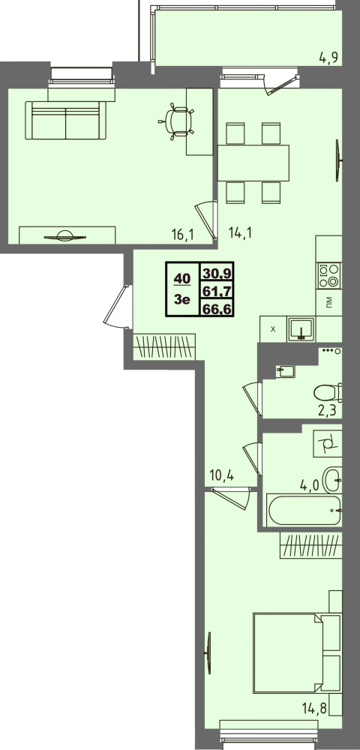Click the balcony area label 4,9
328,58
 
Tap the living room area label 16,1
181,234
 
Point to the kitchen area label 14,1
241,233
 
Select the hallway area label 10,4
221,475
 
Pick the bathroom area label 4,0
309,487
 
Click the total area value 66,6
217,309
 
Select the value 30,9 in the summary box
217,273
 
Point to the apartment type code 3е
183,300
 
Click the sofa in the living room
65,120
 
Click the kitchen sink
301,329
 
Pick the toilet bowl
328,392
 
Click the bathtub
304,510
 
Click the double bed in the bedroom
297,653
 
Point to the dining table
253,163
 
